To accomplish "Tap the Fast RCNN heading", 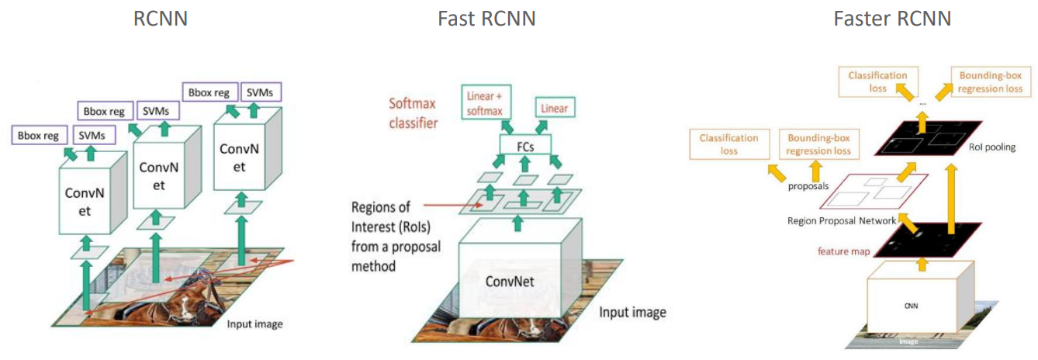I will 486,18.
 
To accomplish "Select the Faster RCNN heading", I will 892,18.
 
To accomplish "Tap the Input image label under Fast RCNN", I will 632,313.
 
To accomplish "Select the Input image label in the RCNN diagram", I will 255,324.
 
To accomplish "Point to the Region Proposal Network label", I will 841,221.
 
